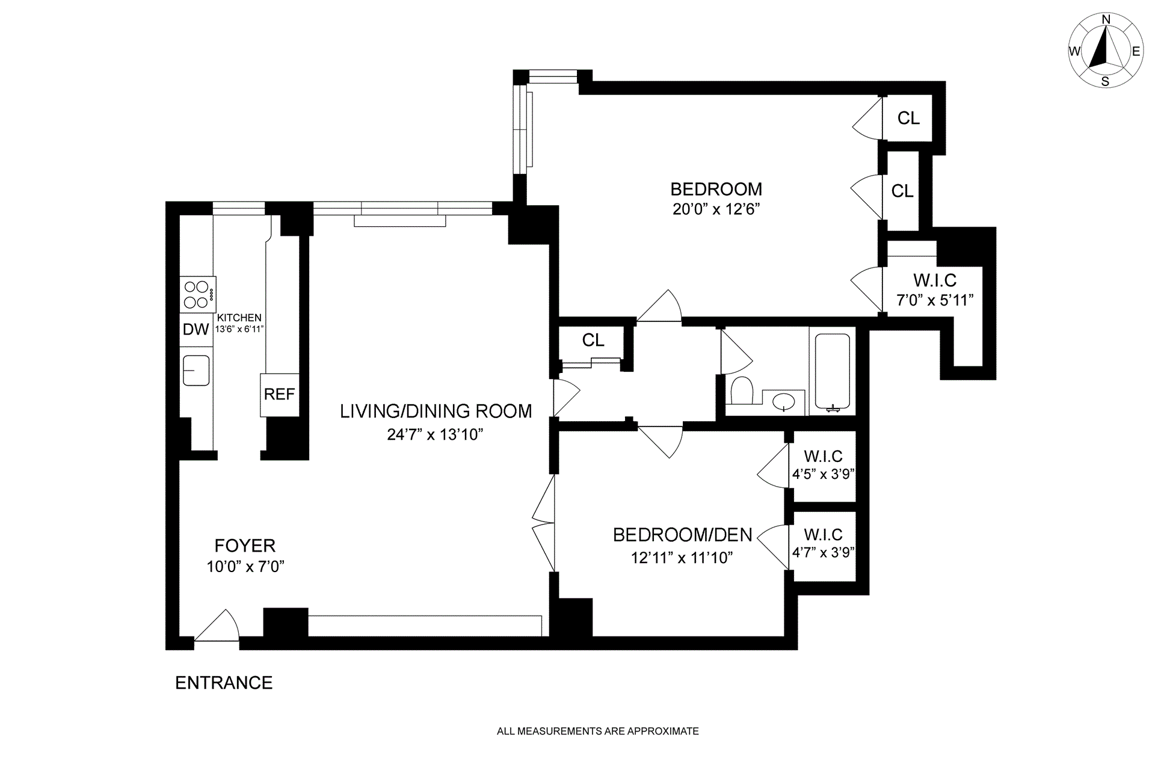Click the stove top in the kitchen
[198, 295]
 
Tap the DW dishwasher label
[196, 329]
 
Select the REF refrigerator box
[280, 395]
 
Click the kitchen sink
[196, 371]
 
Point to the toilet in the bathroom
[742, 390]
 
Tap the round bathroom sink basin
[785, 401]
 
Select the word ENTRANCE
[224, 683]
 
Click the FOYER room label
[245, 546]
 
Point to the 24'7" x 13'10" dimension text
[436, 434]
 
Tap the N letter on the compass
[1106, 37]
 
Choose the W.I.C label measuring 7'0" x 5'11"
[935, 280]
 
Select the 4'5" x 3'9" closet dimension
[824, 474]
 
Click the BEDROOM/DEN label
[683, 535]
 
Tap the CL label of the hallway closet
[593, 340]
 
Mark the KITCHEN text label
[239, 318]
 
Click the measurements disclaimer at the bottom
[598, 731]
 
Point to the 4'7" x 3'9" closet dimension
[824, 552]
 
